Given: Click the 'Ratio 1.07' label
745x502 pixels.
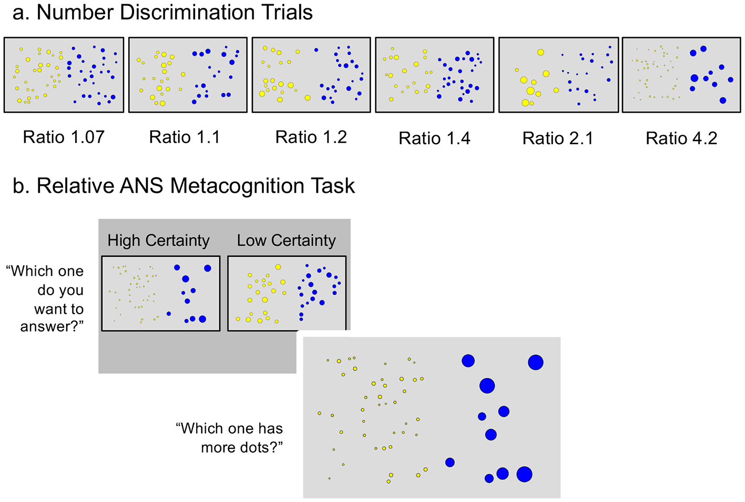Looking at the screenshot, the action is pyautogui.click(x=64, y=137).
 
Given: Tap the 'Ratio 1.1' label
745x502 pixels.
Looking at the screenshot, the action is pyautogui.click(x=185, y=137).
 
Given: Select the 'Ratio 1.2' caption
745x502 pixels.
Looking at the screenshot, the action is pyautogui.click(x=311, y=137).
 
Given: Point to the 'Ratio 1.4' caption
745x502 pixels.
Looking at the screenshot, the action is pyautogui.click(x=434, y=138).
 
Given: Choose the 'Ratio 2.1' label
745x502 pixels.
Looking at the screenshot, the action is pyautogui.click(x=558, y=138).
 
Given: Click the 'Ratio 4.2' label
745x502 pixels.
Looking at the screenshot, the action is pyautogui.click(x=681, y=138).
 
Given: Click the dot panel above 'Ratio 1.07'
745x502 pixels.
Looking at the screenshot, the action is pyautogui.click(x=64, y=75).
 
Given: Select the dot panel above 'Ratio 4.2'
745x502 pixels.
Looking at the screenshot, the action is pyautogui.click(x=681, y=75).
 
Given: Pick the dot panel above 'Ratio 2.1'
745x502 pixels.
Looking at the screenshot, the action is pyautogui.click(x=558, y=75).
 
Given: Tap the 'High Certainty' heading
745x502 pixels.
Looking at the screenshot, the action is pyautogui.click(x=158, y=240).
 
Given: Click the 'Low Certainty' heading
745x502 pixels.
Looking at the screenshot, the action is pyautogui.click(x=286, y=240).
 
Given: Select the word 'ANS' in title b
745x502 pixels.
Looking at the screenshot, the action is pyautogui.click(x=141, y=186).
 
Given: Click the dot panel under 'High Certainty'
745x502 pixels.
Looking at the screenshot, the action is pyautogui.click(x=161, y=293).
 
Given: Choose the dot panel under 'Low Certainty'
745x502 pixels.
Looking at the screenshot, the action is pyautogui.click(x=287, y=293).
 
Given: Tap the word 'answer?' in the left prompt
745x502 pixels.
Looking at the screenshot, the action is pyautogui.click(x=52, y=326).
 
